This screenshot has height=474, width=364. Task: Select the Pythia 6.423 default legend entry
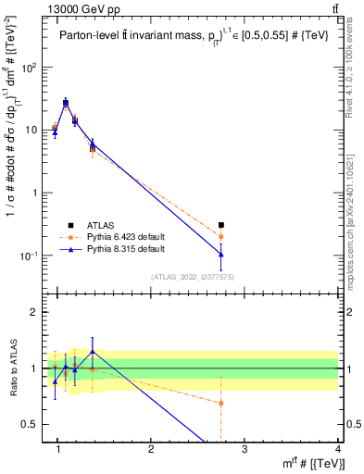click(125, 237)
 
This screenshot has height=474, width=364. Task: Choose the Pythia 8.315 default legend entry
click(125, 250)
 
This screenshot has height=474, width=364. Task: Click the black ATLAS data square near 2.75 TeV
click(220, 225)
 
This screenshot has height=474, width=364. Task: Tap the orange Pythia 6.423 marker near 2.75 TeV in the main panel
click(220, 237)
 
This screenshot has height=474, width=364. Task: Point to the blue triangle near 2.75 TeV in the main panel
click(220, 254)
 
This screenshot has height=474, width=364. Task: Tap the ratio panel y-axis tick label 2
click(35, 312)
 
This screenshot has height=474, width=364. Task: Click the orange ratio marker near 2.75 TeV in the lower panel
click(220, 403)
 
